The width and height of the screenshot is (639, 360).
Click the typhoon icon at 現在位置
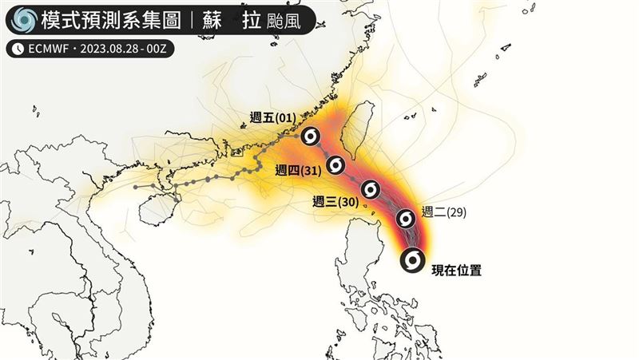(412, 260)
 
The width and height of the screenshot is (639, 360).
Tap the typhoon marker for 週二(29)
(406, 217)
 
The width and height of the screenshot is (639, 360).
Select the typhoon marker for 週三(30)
(370, 189)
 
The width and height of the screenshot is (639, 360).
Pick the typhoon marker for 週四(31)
(336, 165)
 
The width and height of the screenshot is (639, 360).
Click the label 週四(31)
(297, 169)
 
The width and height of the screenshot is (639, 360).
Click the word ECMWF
(50, 49)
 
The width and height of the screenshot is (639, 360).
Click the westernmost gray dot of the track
(136, 187)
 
